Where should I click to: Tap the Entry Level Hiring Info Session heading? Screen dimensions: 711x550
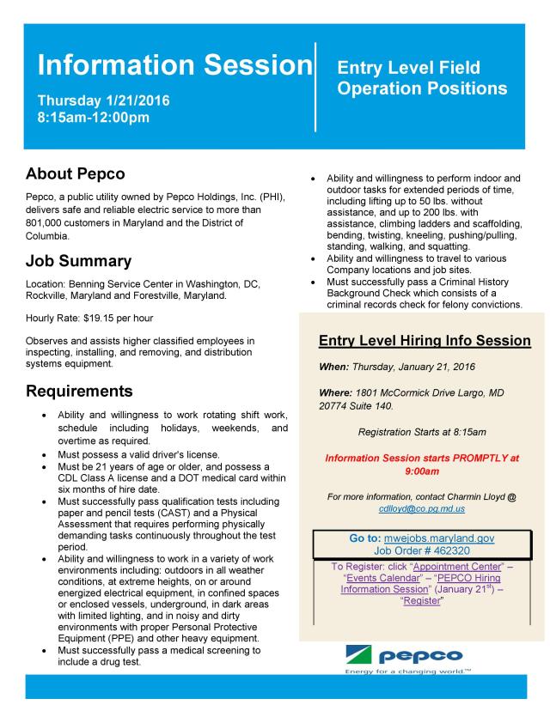click(425, 341)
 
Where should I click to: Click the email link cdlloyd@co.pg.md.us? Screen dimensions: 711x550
click(422, 508)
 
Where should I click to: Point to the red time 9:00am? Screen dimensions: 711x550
click(422, 471)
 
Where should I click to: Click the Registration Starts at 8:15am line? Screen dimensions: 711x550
click(422, 432)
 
